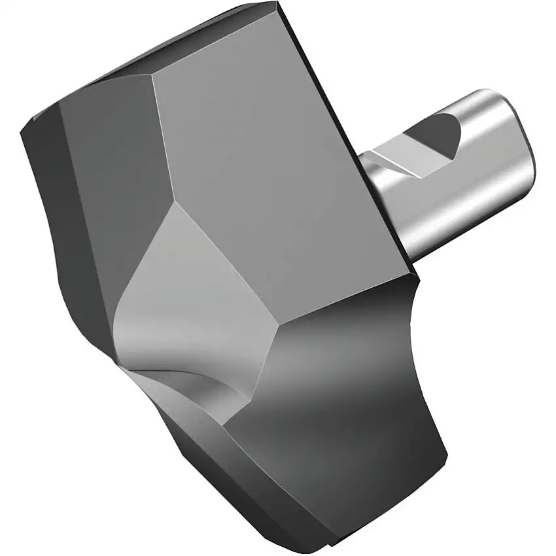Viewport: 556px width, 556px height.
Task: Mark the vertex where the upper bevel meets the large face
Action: (154, 73)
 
